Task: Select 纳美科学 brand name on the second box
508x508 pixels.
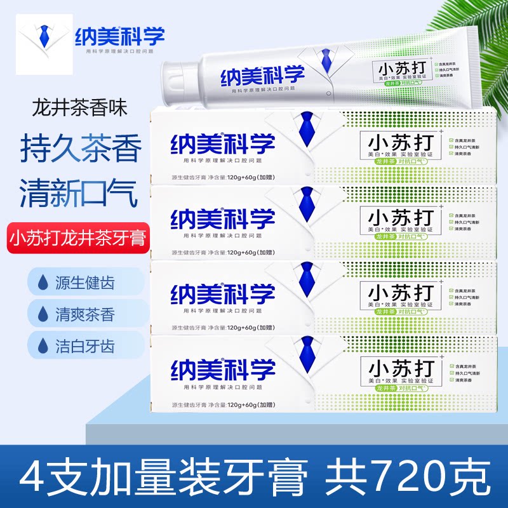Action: (222, 217)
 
